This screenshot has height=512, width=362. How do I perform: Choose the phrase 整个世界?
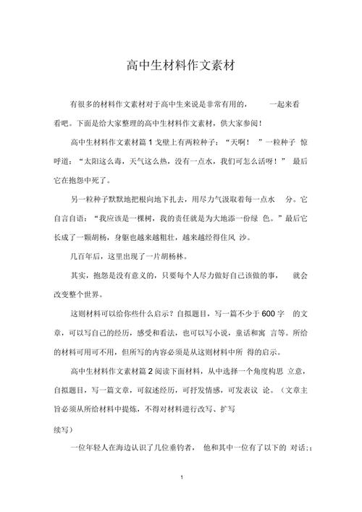80,295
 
